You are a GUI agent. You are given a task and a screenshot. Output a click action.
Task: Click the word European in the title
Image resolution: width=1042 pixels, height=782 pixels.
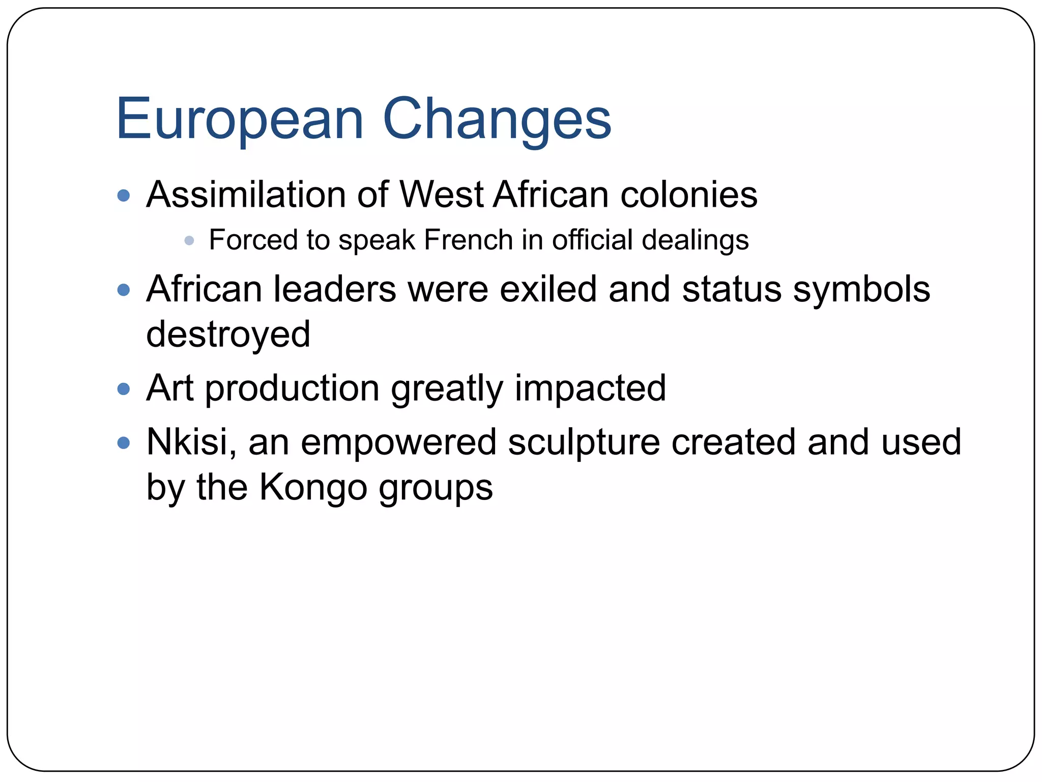click(239, 120)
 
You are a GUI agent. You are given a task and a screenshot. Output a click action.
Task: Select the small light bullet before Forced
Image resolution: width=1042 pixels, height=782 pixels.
click(189, 240)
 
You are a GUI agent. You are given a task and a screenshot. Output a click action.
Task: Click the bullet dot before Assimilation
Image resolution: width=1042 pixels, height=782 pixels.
click(124, 195)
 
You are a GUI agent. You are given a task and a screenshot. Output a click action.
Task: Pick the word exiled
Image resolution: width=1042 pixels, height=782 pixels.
click(548, 289)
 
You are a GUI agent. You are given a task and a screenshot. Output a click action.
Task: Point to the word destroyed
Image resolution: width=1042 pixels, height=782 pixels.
click(228, 334)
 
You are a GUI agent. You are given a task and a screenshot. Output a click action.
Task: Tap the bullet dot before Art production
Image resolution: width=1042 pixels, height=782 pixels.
click(124, 389)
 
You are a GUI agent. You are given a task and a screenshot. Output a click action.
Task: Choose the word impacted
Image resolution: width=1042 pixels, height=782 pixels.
click(590, 388)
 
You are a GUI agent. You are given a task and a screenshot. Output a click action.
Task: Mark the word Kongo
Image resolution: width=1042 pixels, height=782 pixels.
click(313, 487)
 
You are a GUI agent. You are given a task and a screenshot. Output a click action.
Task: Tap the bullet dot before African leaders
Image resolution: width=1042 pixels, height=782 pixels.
click(124, 290)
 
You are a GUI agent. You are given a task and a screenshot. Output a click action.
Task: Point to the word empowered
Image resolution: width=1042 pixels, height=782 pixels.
click(398, 442)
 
